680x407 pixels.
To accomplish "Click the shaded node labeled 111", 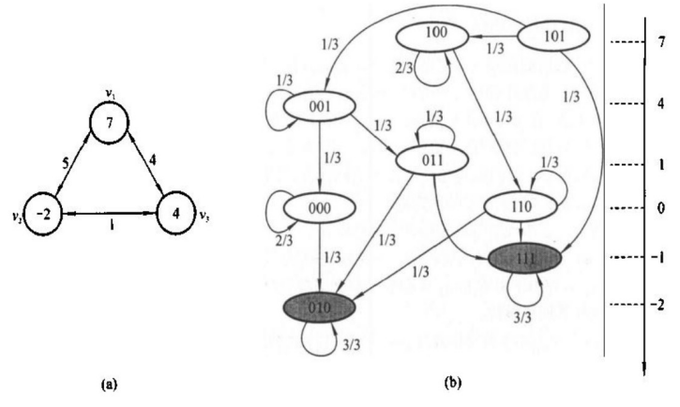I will [x=525, y=258].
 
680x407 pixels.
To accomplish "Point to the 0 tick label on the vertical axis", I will [x=662, y=208].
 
